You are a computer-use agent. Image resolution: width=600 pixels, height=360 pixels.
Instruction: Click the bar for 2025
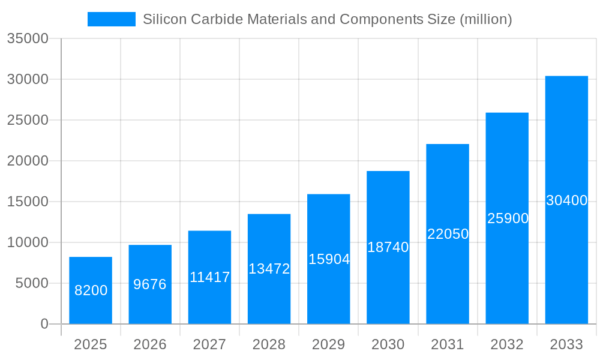tap(91, 290)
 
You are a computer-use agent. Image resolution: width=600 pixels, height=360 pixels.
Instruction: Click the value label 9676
tap(150, 284)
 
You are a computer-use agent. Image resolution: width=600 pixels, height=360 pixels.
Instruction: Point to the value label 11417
tap(210, 277)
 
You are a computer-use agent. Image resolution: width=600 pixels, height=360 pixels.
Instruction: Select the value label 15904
tap(329, 259)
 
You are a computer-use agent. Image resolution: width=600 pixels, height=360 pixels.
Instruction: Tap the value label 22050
tap(448, 234)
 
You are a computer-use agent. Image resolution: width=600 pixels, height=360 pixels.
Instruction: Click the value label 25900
tap(508, 218)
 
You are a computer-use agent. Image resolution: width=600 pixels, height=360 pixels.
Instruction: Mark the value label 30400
tap(566, 201)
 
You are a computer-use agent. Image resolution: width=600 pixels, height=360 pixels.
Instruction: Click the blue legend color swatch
tap(112, 19)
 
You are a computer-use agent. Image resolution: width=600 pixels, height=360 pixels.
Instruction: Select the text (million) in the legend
tap(485, 19)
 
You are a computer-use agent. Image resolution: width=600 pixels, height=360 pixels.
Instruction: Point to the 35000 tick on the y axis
tap(27, 38)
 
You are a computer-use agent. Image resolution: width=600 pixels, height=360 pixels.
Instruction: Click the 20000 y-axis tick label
tap(27, 161)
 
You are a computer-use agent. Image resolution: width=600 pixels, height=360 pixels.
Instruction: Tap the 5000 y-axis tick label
tap(31, 283)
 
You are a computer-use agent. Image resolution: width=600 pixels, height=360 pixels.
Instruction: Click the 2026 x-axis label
tap(150, 344)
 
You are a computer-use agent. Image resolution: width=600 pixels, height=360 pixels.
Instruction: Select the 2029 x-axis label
tap(329, 344)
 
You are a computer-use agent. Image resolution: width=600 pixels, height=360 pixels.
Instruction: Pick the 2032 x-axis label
tap(507, 344)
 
